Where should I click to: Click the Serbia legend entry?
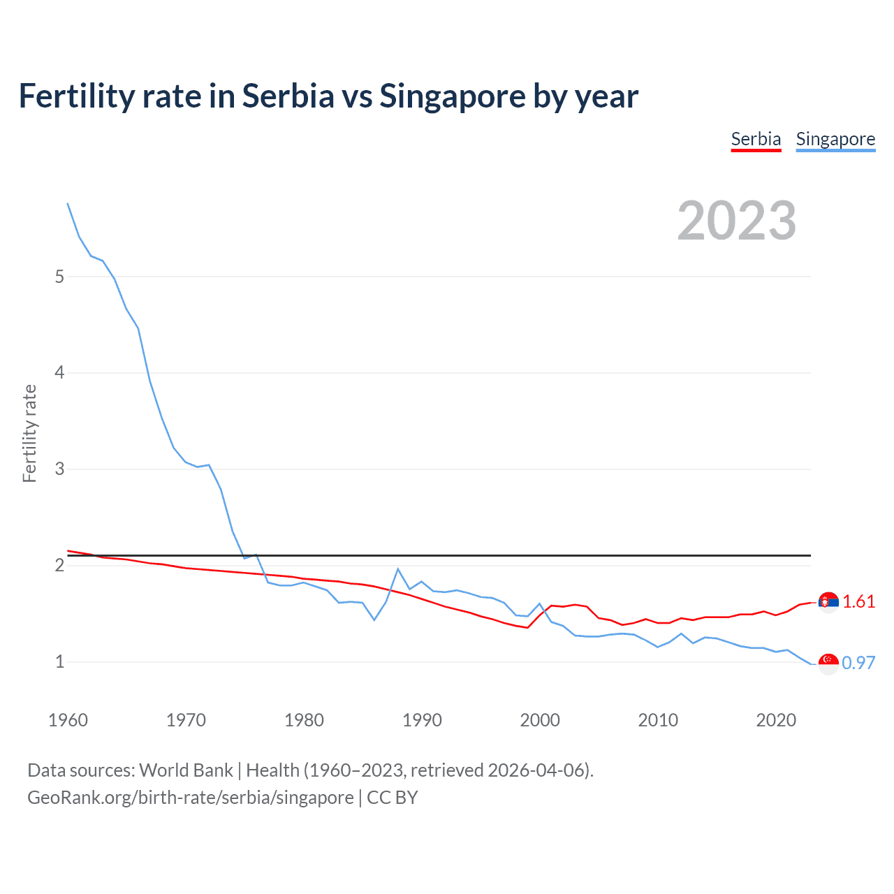click(756, 139)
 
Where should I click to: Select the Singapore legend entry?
click(835, 139)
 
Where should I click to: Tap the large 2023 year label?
click(737, 221)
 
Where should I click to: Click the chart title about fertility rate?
click(328, 96)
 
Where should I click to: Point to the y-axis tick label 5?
click(59, 277)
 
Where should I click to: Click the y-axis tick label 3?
click(59, 469)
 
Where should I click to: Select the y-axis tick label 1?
click(59, 661)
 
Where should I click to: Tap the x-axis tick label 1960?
click(68, 720)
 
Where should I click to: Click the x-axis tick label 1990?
click(422, 720)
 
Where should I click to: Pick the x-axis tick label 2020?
click(776, 720)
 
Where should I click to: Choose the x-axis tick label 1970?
click(186, 720)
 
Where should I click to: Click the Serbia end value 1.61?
click(858, 601)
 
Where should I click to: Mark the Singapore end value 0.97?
click(858, 663)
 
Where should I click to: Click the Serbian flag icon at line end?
click(828, 601)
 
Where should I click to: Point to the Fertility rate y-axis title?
click(29, 433)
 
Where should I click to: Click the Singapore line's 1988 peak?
click(398, 569)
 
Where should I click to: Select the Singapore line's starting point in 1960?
click(68, 203)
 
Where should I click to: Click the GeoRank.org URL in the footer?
click(191, 798)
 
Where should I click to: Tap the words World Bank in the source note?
click(186, 770)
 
